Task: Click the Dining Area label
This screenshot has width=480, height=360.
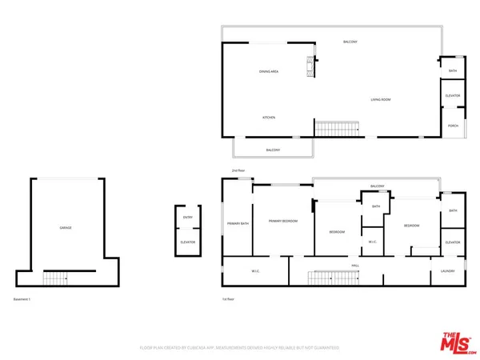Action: (268, 72)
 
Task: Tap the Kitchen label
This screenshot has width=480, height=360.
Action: (270, 118)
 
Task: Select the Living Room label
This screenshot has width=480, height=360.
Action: (379, 99)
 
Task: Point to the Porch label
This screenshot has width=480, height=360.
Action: (453, 126)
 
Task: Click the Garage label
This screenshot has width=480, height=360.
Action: (66, 228)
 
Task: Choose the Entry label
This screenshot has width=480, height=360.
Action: (188, 216)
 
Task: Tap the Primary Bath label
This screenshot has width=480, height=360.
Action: (238, 223)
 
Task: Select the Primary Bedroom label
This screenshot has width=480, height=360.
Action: (283, 221)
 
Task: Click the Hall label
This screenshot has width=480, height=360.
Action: (355, 265)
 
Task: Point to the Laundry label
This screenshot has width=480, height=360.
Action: (447, 272)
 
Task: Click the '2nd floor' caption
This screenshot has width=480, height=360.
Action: (238, 171)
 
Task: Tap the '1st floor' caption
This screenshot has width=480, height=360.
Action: (229, 299)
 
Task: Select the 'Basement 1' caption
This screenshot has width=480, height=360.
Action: (22, 299)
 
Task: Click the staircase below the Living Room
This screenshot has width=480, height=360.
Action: (336, 128)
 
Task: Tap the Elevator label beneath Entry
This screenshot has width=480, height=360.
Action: (188, 242)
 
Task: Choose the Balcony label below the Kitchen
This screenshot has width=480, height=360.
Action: (273, 150)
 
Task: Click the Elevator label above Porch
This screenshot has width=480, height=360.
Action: (453, 96)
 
